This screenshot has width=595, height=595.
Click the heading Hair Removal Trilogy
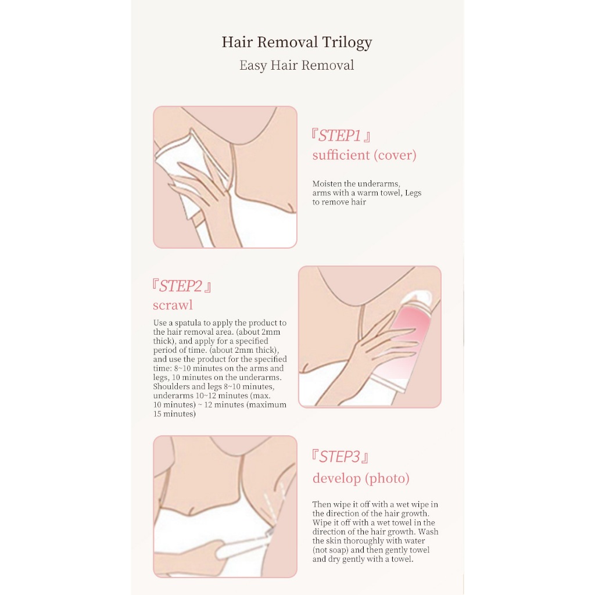297,42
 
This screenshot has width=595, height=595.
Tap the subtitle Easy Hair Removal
297,65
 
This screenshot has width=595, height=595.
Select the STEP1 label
340,135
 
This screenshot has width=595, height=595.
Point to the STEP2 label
182,286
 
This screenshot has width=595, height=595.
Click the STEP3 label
340,457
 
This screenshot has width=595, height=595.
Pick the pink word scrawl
173,305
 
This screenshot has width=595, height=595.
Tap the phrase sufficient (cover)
364,155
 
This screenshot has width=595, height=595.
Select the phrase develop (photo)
361,478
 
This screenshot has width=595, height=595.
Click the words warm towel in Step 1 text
379,193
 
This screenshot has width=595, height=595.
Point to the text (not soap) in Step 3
330,550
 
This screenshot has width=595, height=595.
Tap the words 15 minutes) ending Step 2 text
174,414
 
